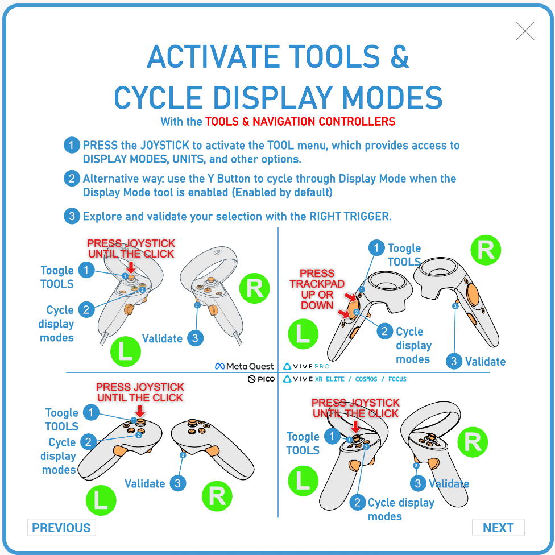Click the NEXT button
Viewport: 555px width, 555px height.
498,528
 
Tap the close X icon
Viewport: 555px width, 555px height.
525,31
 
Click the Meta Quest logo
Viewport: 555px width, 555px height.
245,366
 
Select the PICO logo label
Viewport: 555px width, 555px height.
261,379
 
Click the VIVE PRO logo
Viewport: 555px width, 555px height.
306,366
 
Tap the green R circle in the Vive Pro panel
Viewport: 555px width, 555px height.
486,250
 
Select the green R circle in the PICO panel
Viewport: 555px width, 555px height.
217,496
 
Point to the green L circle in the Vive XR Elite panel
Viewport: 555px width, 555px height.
303,481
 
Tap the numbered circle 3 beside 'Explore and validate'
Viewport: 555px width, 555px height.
71,216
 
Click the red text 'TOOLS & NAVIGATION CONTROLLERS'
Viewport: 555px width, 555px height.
300,121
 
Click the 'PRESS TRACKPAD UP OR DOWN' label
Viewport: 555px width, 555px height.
317,289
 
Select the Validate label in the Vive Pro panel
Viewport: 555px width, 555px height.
485,361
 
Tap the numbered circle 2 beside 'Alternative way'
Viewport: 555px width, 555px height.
71,179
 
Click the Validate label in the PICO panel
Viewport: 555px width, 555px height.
145,483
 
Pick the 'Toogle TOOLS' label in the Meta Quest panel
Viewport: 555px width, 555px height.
57,277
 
